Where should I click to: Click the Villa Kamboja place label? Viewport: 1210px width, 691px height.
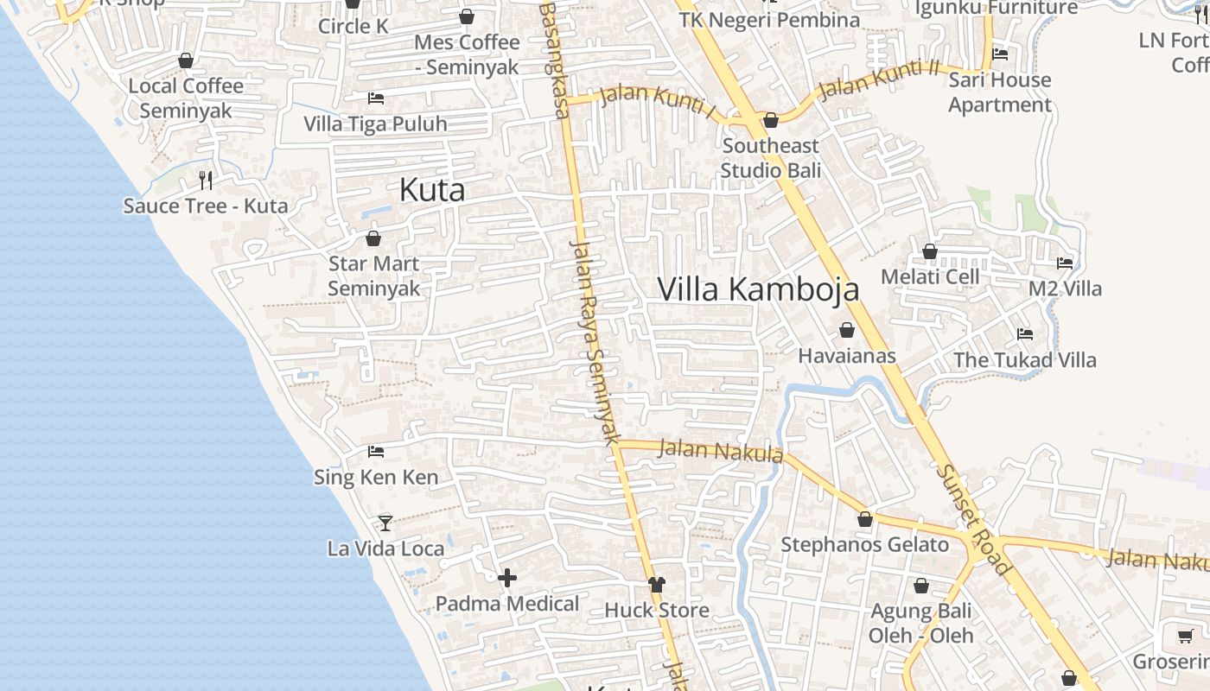pyautogui.click(x=758, y=289)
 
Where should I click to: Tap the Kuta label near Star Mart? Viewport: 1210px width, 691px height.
pyautogui.click(x=432, y=190)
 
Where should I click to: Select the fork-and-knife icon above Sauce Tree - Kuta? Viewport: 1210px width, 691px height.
pyautogui.click(x=206, y=180)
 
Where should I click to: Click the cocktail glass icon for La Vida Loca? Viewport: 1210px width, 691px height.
pyautogui.click(x=385, y=523)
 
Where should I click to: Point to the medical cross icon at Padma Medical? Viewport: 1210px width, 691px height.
pyautogui.click(x=507, y=577)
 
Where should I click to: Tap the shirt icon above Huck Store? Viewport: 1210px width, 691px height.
pyautogui.click(x=657, y=585)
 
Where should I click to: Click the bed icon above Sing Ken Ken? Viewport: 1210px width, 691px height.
pyautogui.click(x=376, y=451)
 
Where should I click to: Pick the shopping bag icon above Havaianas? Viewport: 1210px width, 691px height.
pyautogui.click(x=847, y=330)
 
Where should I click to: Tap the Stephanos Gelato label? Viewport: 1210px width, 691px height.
pyautogui.click(x=864, y=545)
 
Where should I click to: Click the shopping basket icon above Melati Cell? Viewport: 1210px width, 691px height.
pyautogui.click(x=930, y=251)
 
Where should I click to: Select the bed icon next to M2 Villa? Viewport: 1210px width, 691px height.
pyautogui.click(x=1065, y=263)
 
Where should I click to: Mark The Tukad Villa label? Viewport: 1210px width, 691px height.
pyautogui.click(x=1024, y=360)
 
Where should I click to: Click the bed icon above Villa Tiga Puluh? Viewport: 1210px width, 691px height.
pyautogui.click(x=376, y=98)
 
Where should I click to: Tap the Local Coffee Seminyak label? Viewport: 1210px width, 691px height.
pyautogui.click(x=186, y=98)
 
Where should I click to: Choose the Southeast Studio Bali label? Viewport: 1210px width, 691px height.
pyautogui.click(x=771, y=158)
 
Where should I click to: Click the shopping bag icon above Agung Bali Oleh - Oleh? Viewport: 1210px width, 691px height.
pyautogui.click(x=921, y=586)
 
